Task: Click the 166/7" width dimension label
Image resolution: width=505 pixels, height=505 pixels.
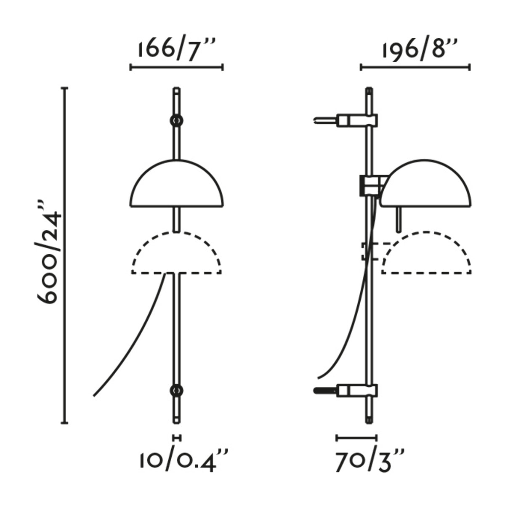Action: (x=177, y=49)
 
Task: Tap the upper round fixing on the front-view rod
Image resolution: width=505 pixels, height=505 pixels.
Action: (x=176, y=120)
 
